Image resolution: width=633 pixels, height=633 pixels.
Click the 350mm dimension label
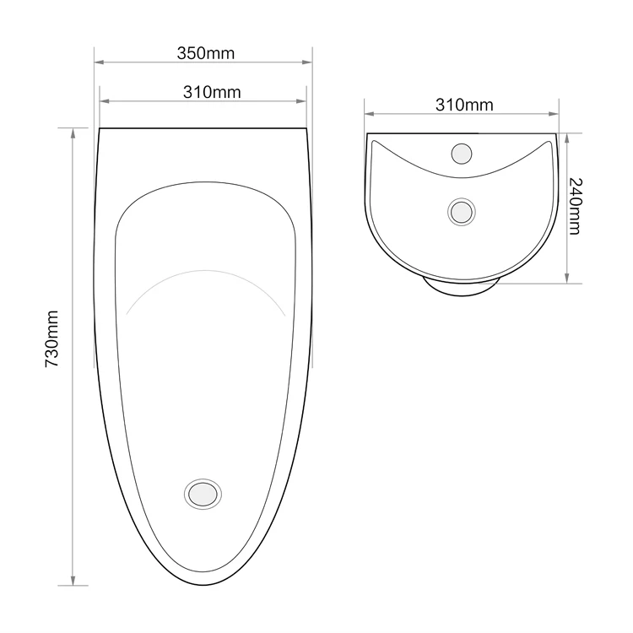[205, 52]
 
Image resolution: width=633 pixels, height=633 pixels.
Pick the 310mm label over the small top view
[464, 105]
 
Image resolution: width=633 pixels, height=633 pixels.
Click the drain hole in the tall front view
[203, 494]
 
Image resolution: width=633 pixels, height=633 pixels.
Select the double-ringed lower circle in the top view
[461, 211]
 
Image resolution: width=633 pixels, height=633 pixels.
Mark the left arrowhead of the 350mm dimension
[98, 62]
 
